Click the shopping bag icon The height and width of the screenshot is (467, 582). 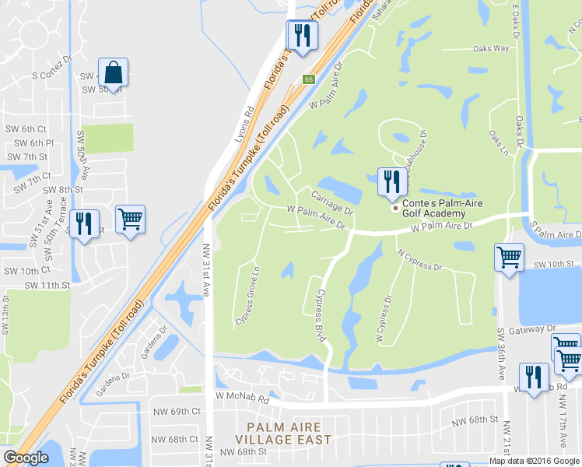click(114, 72)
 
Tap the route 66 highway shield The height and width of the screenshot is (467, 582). click(309, 79)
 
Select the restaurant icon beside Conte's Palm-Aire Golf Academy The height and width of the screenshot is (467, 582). click(390, 182)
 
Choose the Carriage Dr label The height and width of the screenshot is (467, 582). click(332, 202)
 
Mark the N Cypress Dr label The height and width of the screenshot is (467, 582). click(419, 260)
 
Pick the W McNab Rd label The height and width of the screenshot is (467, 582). click(242, 396)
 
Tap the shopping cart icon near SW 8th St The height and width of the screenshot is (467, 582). click(130, 219)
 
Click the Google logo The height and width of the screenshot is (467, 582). click(26, 458)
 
